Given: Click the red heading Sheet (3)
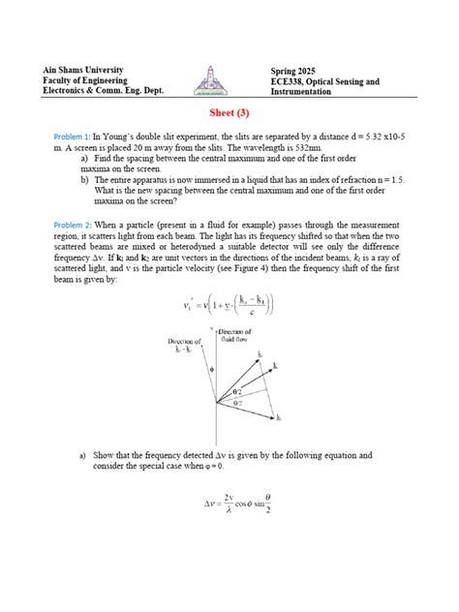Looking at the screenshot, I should tap(229, 112).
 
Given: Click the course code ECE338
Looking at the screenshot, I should tap(290, 82).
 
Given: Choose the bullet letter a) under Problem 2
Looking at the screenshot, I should tap(84, 453).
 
